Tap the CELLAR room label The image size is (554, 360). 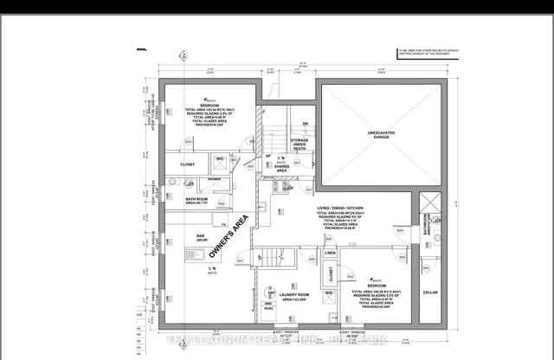point(430,292)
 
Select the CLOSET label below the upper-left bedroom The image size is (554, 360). point(188,164)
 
